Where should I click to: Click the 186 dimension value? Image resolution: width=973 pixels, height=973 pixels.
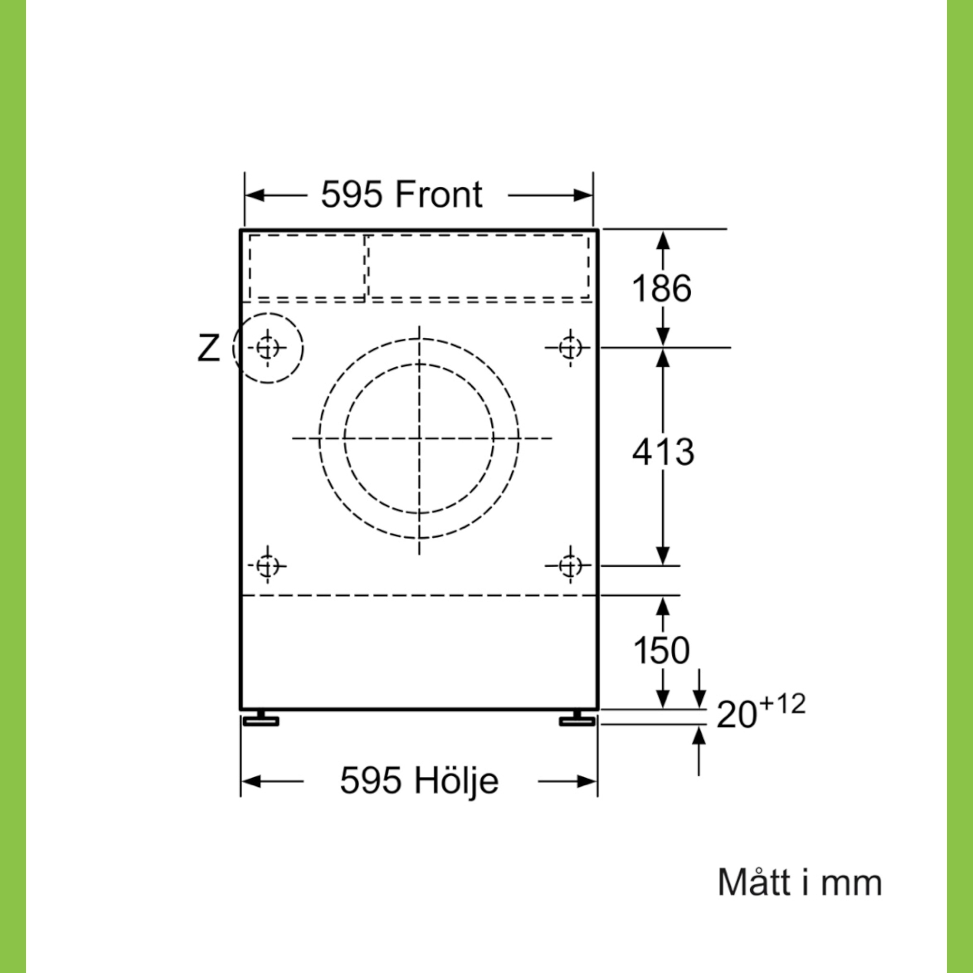coord(661,288)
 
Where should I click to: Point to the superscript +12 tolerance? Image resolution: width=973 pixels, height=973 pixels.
coord(782,704)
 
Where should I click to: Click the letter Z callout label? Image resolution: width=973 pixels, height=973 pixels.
coord(208,348)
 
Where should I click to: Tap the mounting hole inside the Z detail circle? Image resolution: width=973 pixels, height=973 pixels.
coord(267,347)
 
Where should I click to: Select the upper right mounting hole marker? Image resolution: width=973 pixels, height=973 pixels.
coord(570,347)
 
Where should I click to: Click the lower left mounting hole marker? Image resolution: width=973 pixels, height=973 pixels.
coord(267,565)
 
